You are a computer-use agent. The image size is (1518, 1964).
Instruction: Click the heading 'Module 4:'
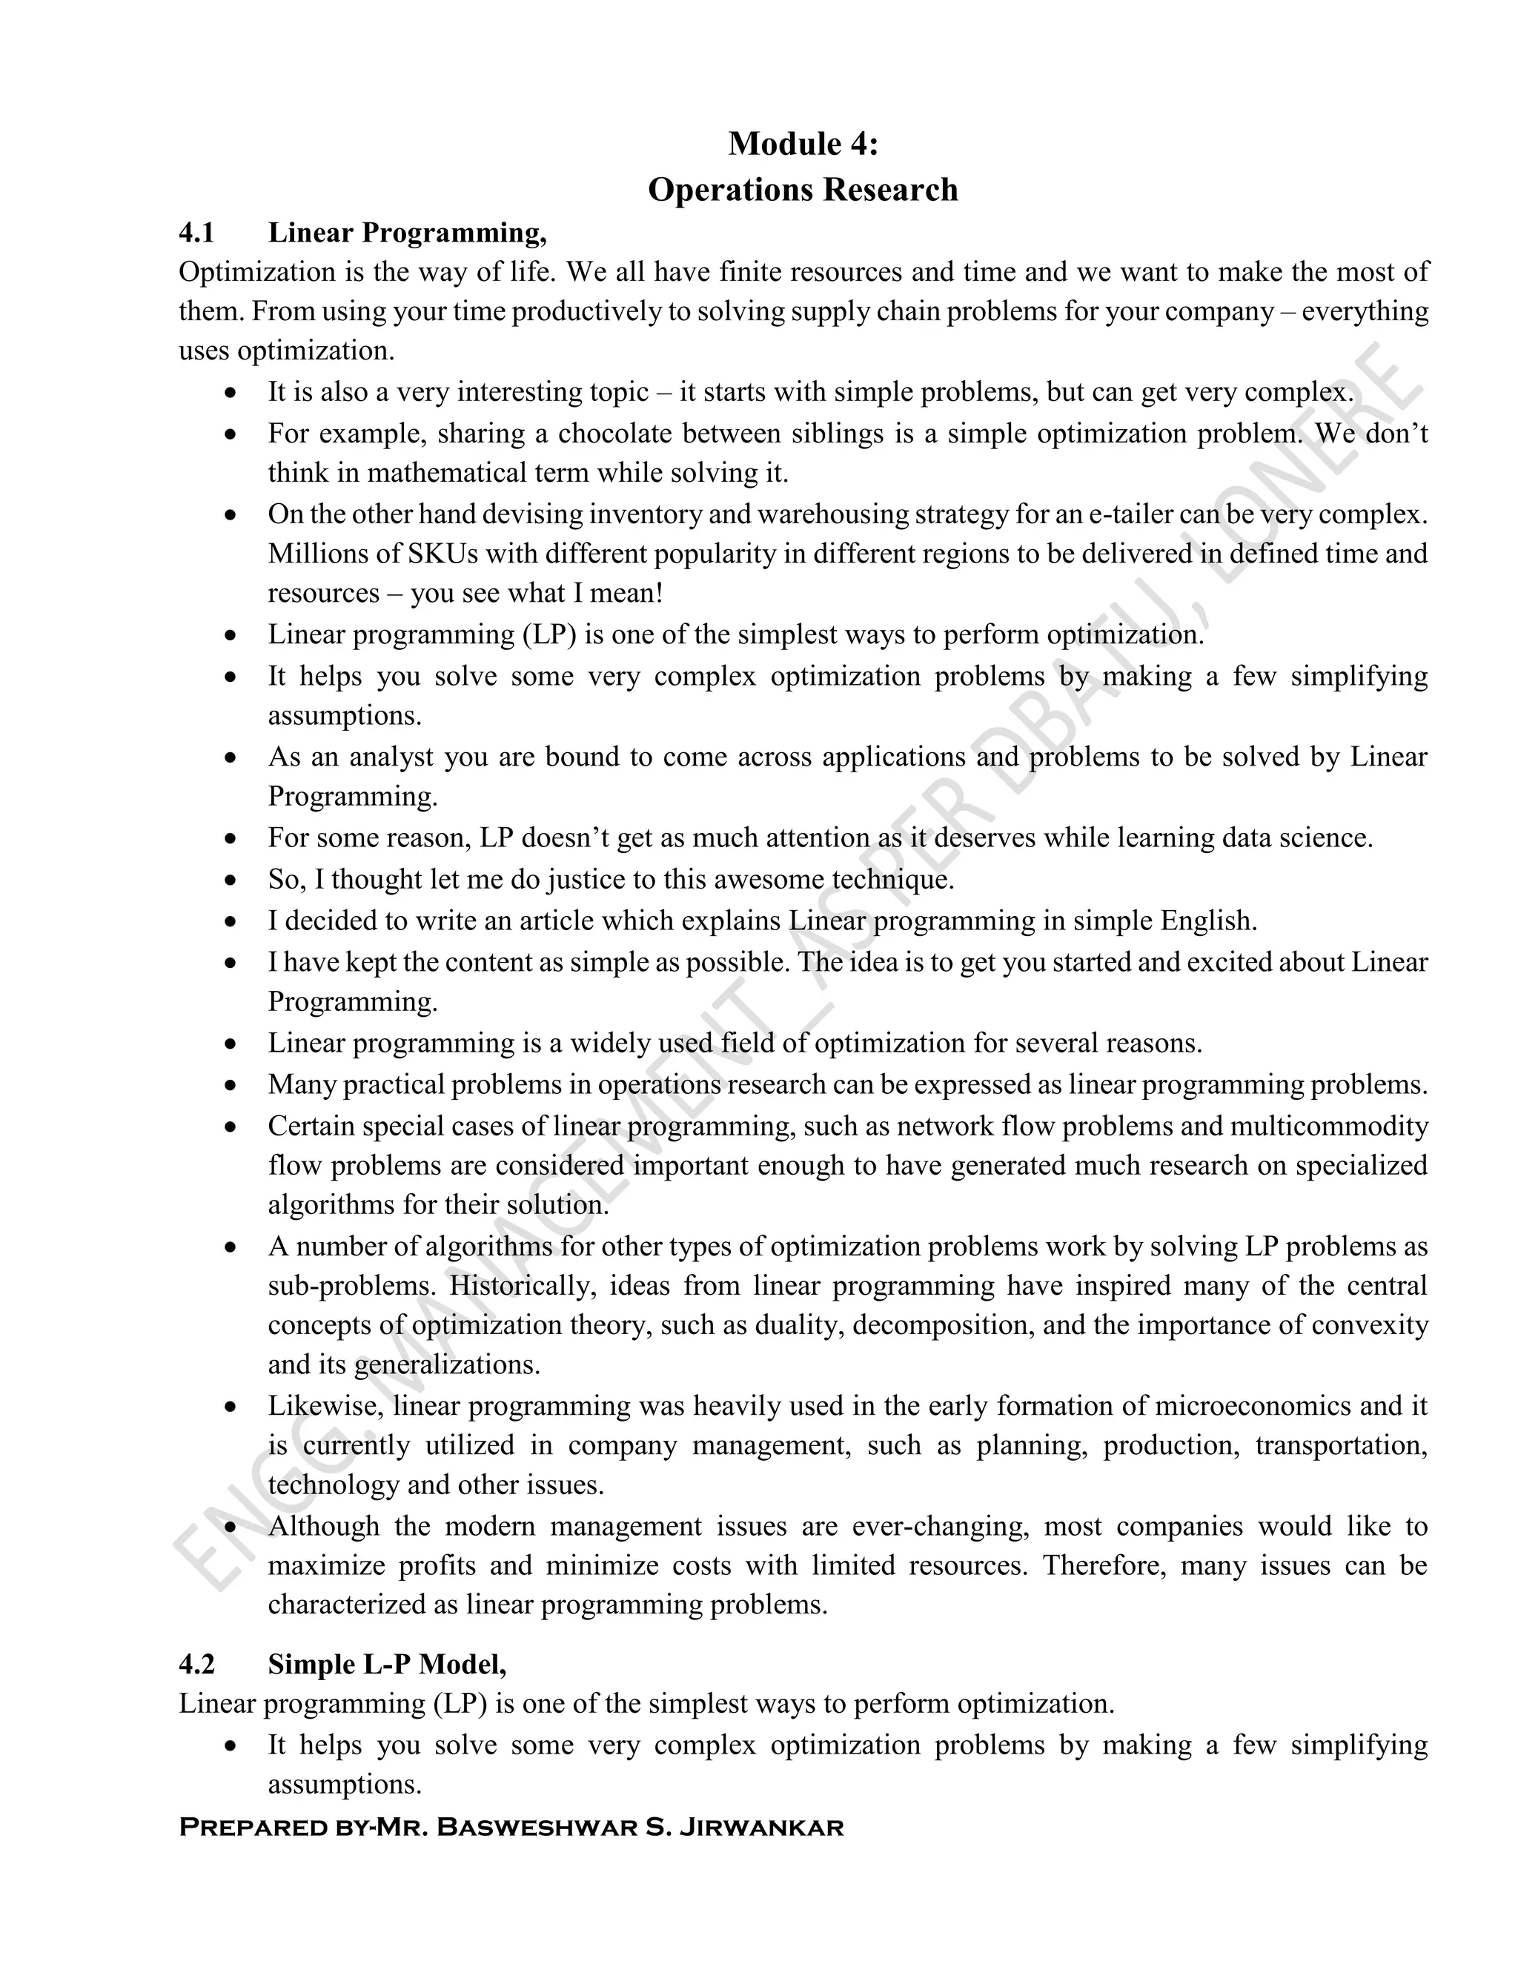802,144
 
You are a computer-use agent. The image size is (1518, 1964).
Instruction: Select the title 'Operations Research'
802,190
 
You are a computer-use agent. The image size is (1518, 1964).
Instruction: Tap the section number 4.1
197,233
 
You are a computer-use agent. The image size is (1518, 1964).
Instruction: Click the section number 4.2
197,1665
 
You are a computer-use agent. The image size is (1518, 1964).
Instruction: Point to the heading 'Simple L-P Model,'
387,1665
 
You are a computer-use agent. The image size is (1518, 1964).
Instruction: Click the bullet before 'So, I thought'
232,880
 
